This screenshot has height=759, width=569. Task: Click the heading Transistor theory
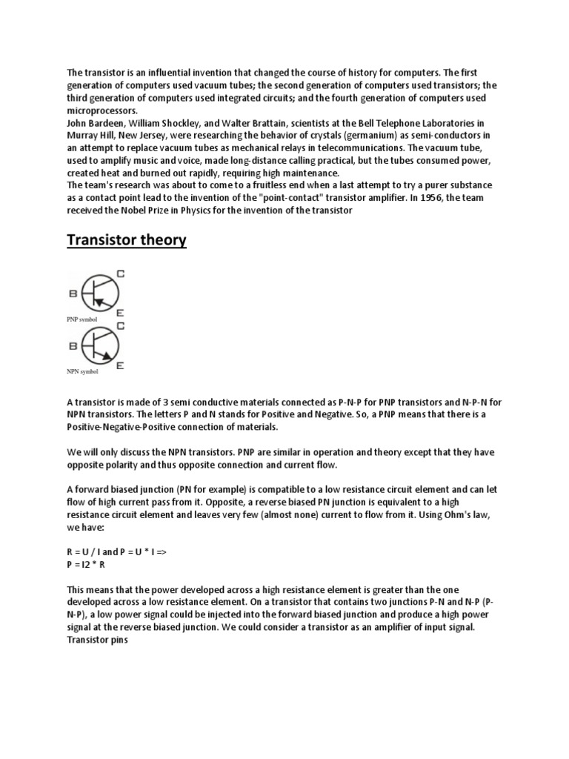pos(127,241)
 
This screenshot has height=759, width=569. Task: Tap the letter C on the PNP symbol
pos(121,274)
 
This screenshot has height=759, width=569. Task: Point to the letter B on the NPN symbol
pos(73,345)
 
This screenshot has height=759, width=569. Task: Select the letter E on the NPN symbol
pos(120,365)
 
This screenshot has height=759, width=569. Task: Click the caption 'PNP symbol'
pos(81,319)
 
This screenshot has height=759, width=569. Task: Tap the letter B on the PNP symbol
pos(73,294)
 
